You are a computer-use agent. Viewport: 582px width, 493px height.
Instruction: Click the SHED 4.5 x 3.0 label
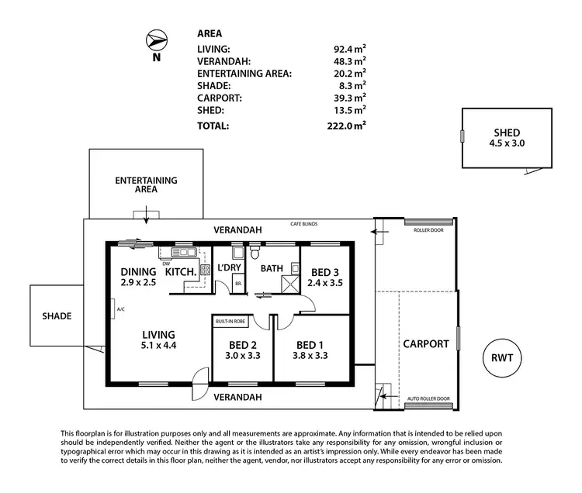point(506,138)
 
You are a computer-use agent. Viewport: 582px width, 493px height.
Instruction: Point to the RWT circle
point(502,358)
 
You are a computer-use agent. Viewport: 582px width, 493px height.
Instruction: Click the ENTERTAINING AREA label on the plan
point(146,184)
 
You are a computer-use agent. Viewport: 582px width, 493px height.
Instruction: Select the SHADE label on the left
point(57,316)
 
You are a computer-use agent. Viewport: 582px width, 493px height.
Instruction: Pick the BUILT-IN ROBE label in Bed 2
point(230,320)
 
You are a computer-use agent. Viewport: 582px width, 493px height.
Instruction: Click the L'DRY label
point(230,268)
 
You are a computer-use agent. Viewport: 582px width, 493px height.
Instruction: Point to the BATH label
point(272,268)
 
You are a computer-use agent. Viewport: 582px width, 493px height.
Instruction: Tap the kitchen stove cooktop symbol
point(206,271)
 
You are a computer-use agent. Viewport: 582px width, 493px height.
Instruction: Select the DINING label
point(139,272)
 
